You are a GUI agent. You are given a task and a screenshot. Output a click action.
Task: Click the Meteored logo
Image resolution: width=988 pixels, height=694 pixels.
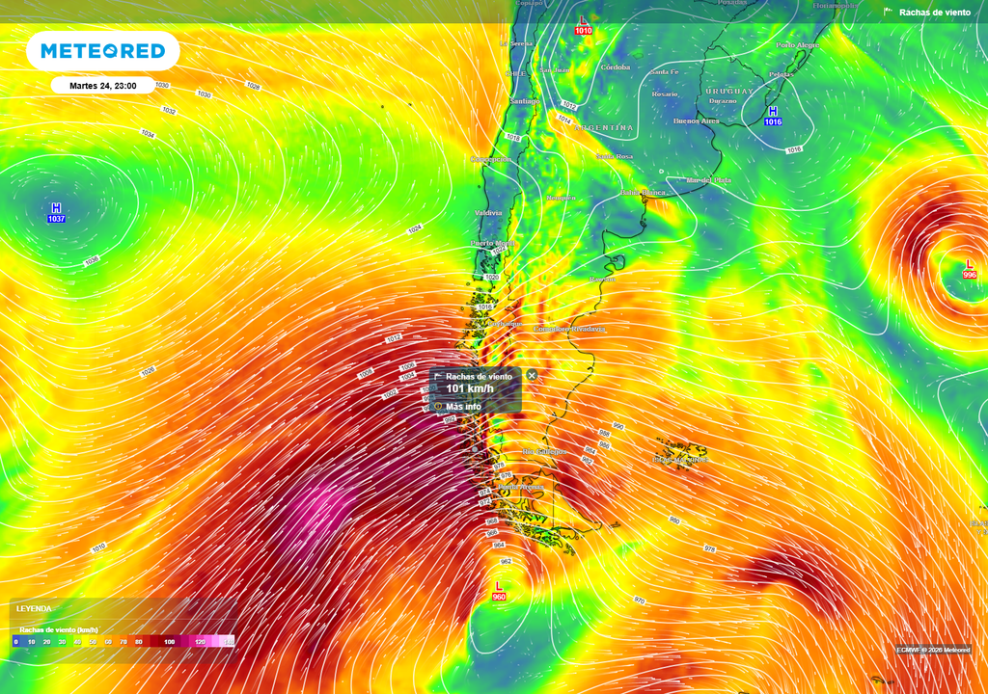coord(102,51)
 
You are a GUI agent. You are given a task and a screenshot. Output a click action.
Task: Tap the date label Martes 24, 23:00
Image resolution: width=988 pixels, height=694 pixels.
coord(103,86)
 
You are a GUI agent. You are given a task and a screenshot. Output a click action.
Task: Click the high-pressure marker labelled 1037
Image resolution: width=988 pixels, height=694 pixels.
coord(56,213)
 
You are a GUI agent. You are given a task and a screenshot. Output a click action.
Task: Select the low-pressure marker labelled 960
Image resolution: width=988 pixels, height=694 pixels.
coord(499,592)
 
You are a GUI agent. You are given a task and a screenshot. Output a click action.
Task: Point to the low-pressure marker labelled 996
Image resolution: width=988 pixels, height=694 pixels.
coord(970,269)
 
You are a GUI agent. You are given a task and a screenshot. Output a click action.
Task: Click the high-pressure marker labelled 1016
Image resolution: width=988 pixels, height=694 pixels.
coord(773,117)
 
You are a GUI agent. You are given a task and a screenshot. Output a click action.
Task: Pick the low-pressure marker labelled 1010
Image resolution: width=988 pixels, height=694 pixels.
coord(583,25)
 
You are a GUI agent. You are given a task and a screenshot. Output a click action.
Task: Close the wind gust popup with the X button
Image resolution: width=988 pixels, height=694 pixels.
coord(532,375)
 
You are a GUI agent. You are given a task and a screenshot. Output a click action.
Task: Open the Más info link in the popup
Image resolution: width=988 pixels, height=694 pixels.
coord(463,407)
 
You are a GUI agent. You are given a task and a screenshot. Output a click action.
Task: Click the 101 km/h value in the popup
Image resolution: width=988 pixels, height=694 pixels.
coord(470,389)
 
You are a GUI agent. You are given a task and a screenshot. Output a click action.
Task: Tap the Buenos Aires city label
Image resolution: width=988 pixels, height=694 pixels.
coord(697,121)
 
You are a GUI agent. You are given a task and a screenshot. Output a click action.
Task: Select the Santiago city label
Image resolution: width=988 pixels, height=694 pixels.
coord(526,101)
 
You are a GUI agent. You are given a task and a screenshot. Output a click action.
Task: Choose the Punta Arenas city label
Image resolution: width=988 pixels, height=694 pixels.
coord(521,487)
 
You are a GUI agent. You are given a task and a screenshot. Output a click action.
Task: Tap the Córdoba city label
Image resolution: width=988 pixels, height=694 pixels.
coord(615,67)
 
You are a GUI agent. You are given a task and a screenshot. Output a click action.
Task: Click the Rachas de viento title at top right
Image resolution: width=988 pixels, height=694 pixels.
coord(934,13)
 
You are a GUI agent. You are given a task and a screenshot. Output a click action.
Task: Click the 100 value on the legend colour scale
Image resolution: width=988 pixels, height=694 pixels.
coord(170,641)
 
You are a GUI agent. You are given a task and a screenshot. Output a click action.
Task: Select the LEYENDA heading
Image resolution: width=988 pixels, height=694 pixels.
coord(34,609)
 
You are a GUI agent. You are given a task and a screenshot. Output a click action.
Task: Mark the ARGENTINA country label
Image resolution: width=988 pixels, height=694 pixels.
coord(605,127)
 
